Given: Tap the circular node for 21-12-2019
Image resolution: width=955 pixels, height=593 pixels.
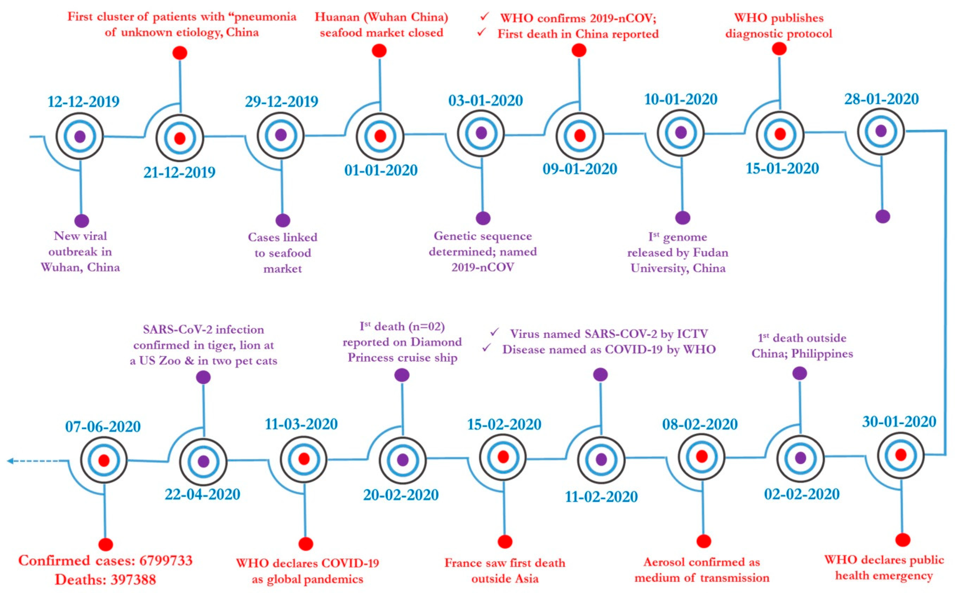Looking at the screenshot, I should (x=180, y=138).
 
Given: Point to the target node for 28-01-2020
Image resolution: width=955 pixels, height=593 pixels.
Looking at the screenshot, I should (x=881, y=131).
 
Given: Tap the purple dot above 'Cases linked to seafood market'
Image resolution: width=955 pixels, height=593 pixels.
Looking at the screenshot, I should (x=283, y=220).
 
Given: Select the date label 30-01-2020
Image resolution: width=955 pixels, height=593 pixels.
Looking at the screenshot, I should (x=899, y=422).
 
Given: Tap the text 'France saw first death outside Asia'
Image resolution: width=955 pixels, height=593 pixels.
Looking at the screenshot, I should (x=505, y=571).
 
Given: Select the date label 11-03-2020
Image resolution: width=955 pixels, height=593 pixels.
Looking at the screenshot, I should (x=301, y=424).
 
